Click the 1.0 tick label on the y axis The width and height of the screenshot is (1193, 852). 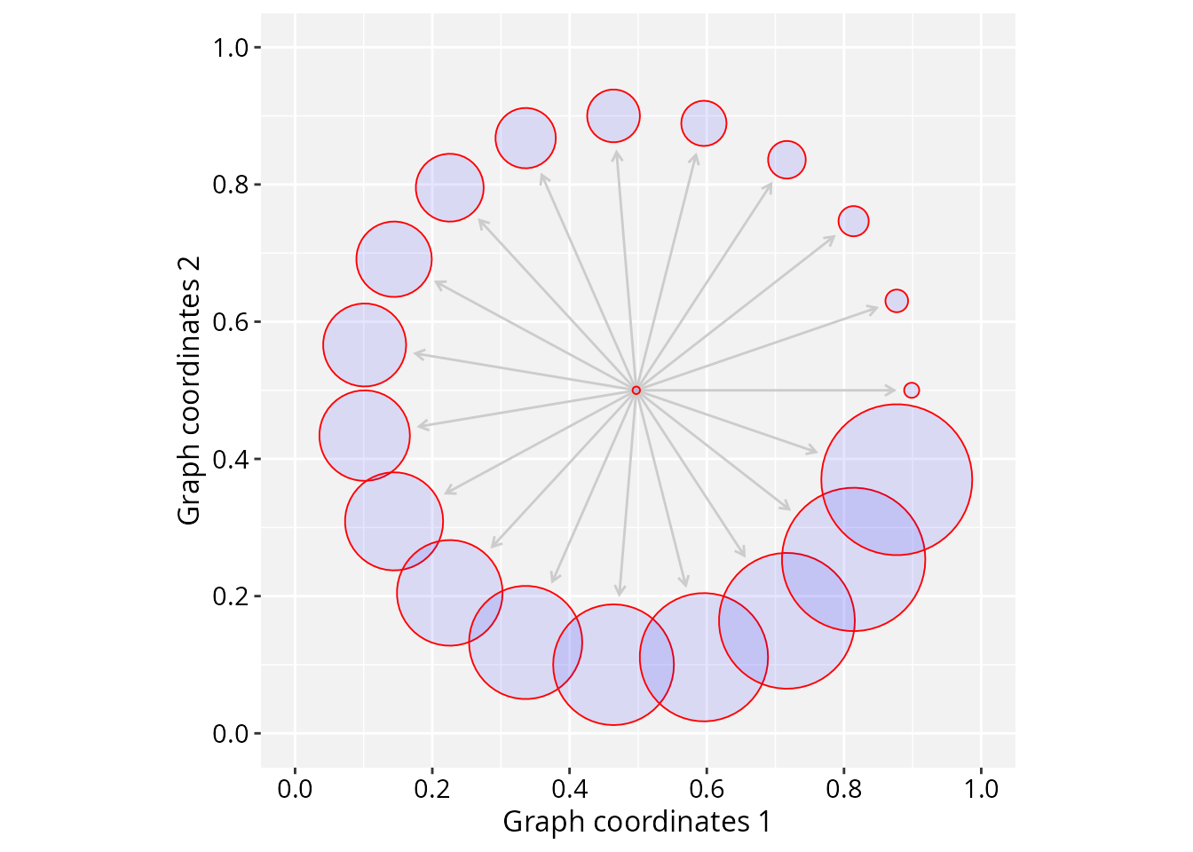(x=231, y=48)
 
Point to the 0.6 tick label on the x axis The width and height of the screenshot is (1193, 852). (x=707, y=789)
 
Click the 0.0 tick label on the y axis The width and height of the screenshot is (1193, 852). (x=231, y=734)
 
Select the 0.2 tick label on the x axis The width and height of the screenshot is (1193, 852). (x=432, y=789)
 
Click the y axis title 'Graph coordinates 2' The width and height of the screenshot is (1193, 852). (x=188, y=390)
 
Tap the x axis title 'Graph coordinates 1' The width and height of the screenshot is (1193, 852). (x=637, y=822)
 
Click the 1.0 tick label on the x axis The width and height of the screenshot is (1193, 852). (x=981, y=789)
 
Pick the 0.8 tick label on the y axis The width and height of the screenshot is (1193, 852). (x=231, y=185)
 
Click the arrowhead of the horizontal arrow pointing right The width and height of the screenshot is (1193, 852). (x=890, y=390)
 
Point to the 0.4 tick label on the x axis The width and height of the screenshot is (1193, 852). (x=569, y=789)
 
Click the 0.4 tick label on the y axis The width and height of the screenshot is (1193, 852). (x=231, y=459)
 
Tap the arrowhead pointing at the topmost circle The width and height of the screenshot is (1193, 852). (x=617, y=156)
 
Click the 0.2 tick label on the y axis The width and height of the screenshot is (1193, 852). (x=231, y=596)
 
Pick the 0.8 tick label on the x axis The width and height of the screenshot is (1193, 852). (x=843, y=789)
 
